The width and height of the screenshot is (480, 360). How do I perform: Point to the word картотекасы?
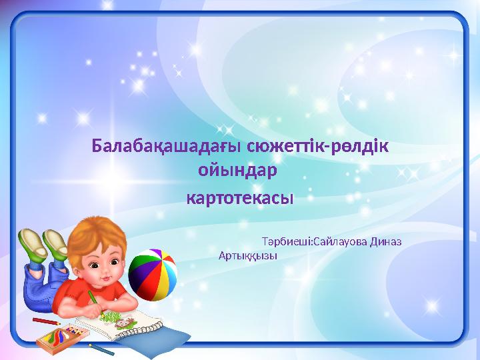click(x=239, y=199)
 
